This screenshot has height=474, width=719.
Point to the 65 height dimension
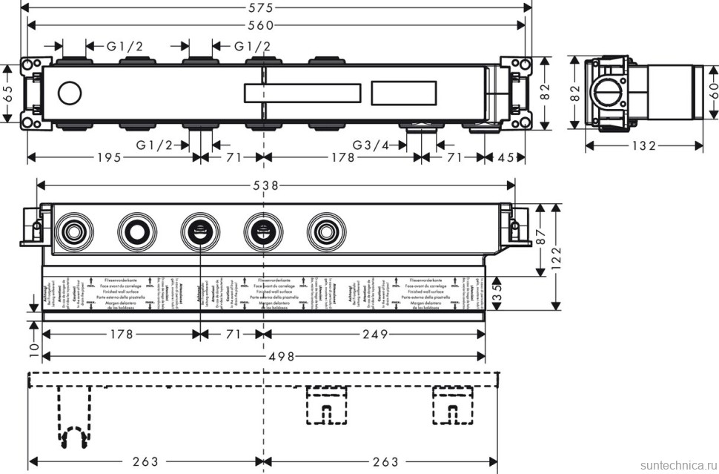pyautogui.click(x=7, y=93)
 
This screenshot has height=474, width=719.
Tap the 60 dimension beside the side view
pyautogui.click(x=712, y=93)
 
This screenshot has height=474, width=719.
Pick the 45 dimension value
pyautogui.click(x=506, y=157)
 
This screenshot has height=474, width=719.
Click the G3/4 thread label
pyautogui.click(x=371, y=145)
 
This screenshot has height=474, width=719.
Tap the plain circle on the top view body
pyautogui.click(x=69, y=94)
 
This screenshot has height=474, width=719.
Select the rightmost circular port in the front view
pyautogui.click(x=323, y=230)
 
